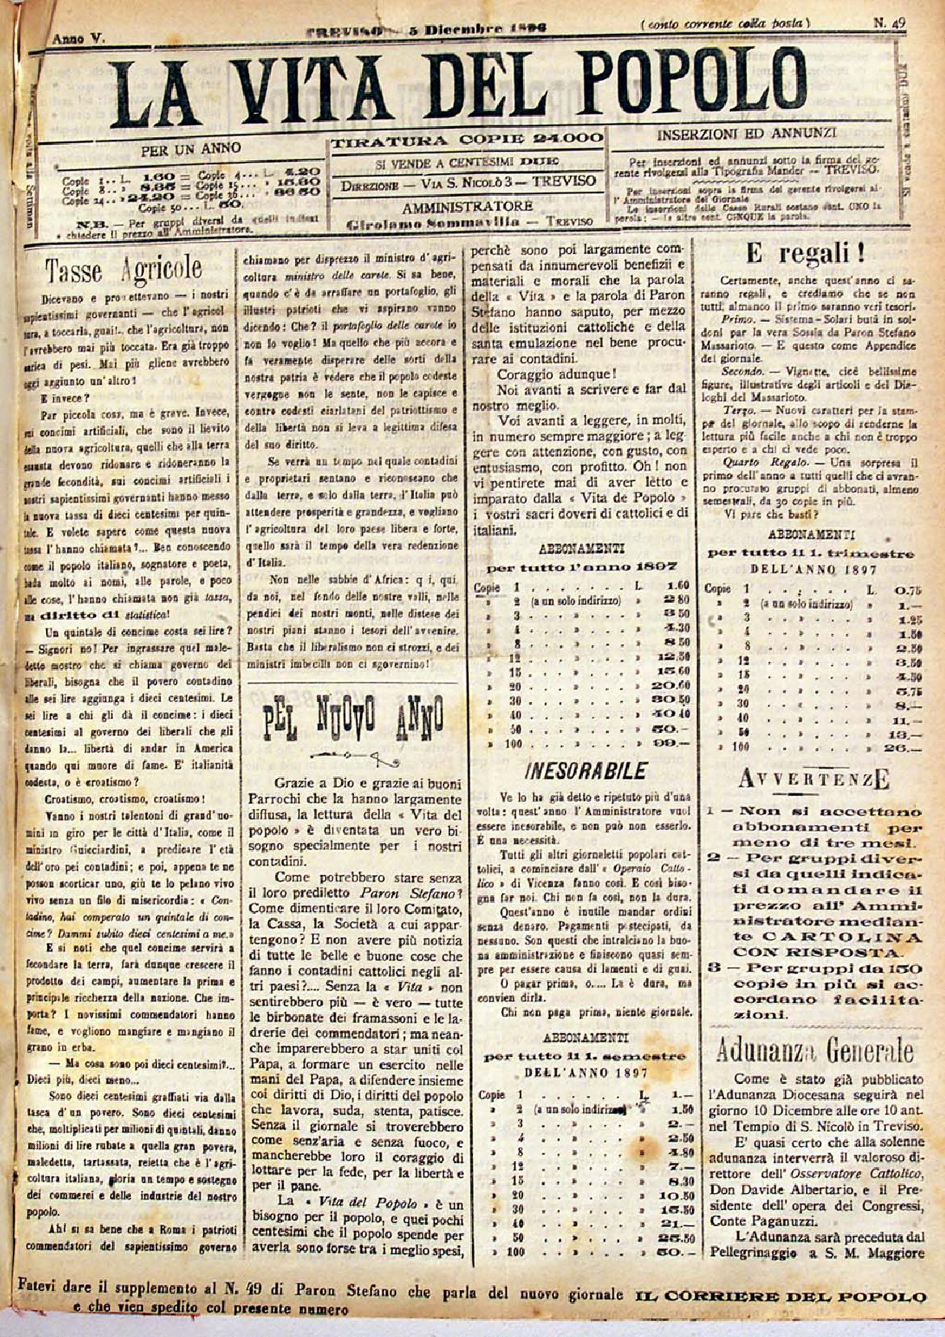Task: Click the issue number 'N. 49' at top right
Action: [888, 23]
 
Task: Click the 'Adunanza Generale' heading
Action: [814, 1049]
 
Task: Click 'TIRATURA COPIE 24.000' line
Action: [467, 139]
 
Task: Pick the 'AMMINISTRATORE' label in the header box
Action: [467, 206]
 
